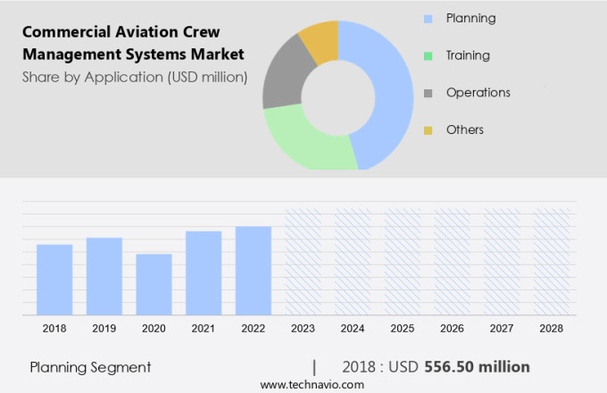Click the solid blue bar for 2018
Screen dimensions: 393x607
(x=54, y=280)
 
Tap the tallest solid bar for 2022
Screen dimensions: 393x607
(x=254, y=270)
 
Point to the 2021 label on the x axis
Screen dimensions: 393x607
(x=204, y=329)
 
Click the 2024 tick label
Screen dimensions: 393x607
(x=353, y=329)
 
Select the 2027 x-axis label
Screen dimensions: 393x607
(x=502, y=329)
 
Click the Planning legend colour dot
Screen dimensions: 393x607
(x=428, y=19)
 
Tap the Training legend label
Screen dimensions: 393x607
(x=468, y=55)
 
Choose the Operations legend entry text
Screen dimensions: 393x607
(x=478, y=93)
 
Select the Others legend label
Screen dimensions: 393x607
(x=464, y=130)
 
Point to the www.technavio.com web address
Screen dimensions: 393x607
(x=312, y=384)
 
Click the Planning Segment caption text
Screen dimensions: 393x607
(x=90, y=367)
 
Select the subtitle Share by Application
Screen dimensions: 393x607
(x=134, y=77)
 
